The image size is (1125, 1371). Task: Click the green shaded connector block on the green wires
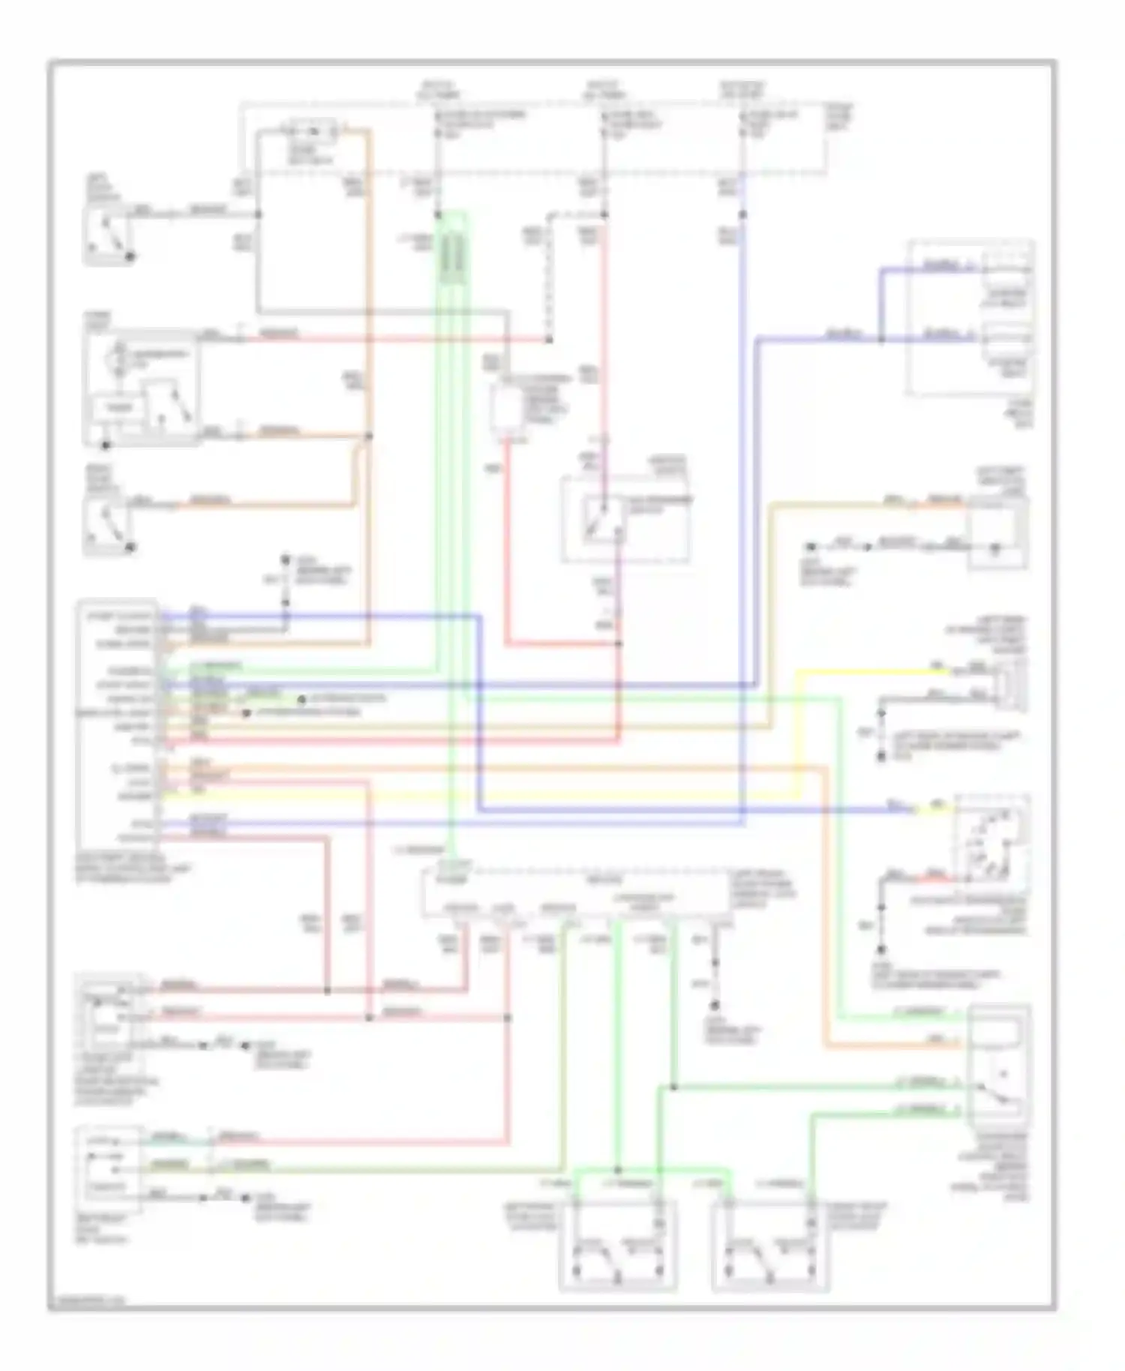tap(451, 259)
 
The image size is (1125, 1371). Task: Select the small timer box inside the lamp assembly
tap(112, 408)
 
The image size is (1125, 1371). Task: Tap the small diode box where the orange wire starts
tap(315, 133)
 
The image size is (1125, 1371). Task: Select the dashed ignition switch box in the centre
tap(625, 520)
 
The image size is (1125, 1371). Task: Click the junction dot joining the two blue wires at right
tap(881, 340)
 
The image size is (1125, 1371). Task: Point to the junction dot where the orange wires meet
tap(368, 436)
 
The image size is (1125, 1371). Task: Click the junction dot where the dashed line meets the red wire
tap(549, 340)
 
